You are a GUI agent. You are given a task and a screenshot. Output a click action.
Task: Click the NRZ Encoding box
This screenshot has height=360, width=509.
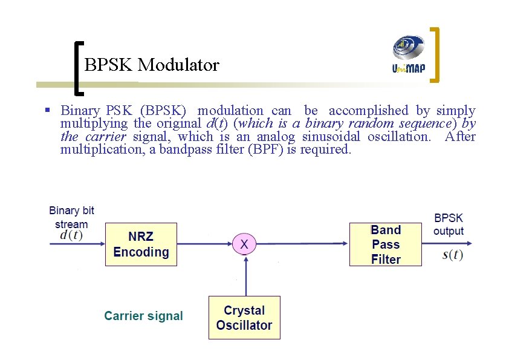pos(141,244)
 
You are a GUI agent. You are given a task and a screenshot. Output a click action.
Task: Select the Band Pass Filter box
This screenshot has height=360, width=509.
pos(386,244)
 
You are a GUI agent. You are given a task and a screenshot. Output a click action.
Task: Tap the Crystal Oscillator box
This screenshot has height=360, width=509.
pos(244,318)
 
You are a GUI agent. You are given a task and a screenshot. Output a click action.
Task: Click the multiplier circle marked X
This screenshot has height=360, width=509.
pos(244,244)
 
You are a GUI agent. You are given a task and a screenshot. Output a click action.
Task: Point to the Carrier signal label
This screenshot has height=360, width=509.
pos(143,316)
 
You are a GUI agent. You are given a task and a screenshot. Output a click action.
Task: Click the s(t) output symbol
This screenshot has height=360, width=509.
pos(453,255)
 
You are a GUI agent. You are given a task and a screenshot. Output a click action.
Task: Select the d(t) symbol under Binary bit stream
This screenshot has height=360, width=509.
pos(71,236)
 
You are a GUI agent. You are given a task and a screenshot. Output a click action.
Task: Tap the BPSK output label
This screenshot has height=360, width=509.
pos(449,224)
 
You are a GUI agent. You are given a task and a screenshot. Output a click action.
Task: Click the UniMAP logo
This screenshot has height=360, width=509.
pos(409,54)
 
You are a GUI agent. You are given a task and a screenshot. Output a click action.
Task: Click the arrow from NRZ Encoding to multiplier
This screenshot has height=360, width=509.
pos(204,244)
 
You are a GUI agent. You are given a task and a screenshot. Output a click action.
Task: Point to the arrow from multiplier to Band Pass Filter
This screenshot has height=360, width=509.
pos(302,244)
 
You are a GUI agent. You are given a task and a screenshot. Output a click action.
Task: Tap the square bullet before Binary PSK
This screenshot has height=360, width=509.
pos(47,111)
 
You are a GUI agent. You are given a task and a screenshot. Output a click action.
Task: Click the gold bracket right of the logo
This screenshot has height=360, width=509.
pos(436,54)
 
